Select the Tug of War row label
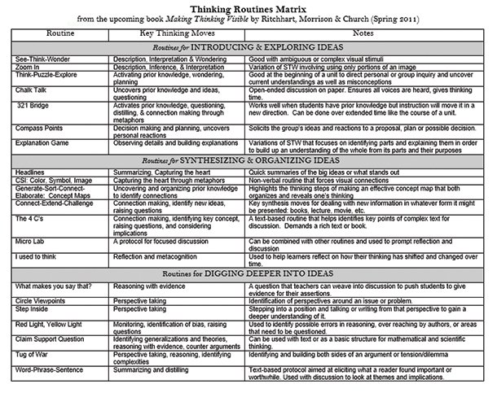(33, 357)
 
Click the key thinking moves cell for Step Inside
(143, 309)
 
